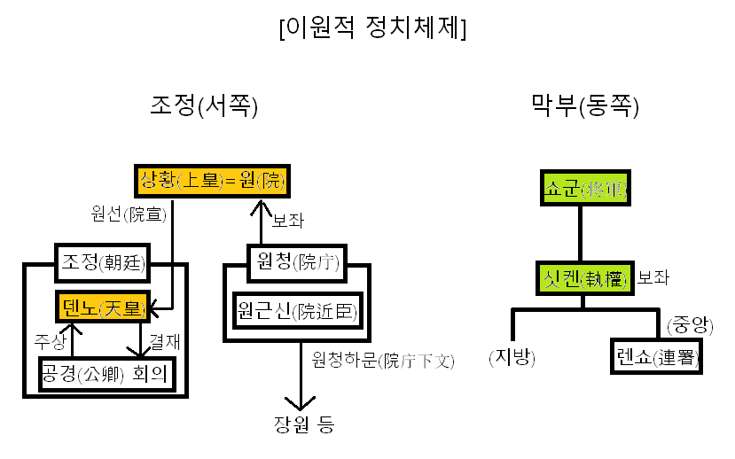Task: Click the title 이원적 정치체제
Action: click(372, 27)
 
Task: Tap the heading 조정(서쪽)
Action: click(204, 107)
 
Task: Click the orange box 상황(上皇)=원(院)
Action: click(213, 182)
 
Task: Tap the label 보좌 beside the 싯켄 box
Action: click(654, 277)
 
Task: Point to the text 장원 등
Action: click(303, 424)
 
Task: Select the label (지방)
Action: click(512, 357)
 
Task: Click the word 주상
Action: click(51, 339)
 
